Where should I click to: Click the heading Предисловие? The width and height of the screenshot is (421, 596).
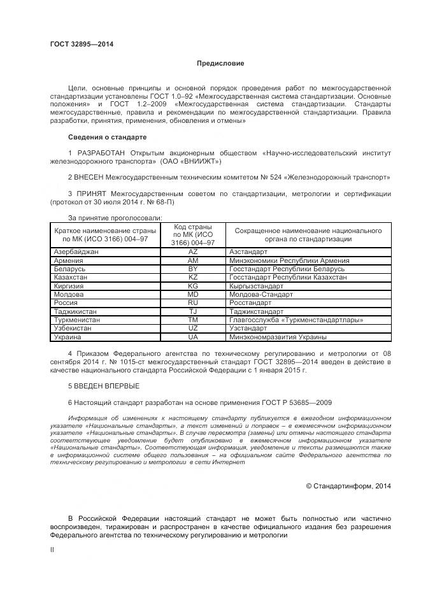(x=220, y=64)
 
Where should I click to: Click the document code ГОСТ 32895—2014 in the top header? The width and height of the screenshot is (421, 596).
(x=82, y=44)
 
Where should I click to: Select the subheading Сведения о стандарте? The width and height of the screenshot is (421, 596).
(x=107, y=137)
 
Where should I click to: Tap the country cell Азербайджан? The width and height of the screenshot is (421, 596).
(x=76, y=252)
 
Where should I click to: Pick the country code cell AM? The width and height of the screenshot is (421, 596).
(x=193, y=261)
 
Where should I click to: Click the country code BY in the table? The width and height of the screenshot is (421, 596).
(x=193, y=269)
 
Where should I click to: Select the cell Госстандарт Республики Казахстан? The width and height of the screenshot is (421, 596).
(x=288, y=278)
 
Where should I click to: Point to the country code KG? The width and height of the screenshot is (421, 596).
(x=193, y=287)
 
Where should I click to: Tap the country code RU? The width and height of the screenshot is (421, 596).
(x=193, y=303)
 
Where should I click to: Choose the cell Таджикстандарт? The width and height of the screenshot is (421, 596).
(x=257, y=312)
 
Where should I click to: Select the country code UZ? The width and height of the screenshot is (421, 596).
(x=193, y=329)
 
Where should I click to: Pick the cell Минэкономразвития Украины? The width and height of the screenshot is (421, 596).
(x=278, y=337)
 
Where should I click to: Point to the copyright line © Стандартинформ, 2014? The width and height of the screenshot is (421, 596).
(x=348, y=486)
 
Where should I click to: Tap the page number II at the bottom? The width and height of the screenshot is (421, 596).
(x=52, y=548)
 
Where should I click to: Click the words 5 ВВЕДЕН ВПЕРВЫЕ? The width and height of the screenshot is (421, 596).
(x=103, y=386)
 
